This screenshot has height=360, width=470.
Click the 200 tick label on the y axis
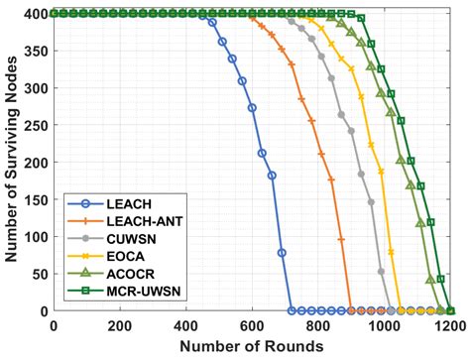(x=37, y=163)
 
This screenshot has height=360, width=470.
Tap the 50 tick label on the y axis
(x=41, y=274)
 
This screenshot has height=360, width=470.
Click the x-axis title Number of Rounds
(x=251, y=345)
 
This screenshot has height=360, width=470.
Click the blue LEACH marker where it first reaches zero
(x=291, y=310)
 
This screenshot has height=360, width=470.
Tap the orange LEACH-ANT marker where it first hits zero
(x=350, y=310)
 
